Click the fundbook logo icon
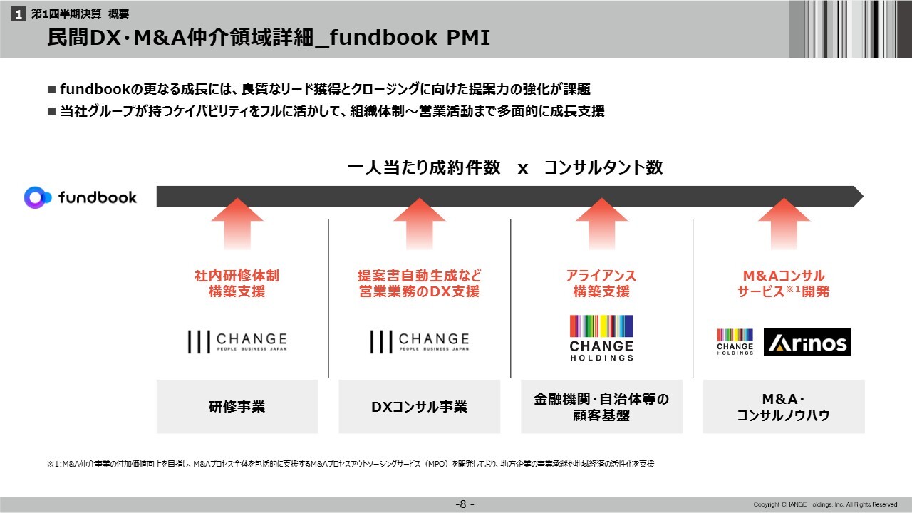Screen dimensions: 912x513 tap(38, 197)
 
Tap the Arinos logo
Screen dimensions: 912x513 tap(807, 342)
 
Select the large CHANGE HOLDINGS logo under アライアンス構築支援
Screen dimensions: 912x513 tap(601, 338)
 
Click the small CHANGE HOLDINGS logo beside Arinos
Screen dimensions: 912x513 tap(735, 342)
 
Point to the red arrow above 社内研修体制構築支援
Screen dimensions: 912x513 tap(237, 224)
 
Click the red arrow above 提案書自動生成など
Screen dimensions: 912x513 tap(420, 224)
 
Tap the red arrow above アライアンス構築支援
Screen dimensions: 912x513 tap(601, 224)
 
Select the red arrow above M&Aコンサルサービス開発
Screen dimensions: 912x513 tap(784, 224)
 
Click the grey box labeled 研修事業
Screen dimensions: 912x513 tap(237, 406)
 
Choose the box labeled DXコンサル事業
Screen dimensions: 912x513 tap(420, 406)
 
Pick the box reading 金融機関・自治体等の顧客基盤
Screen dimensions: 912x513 tap(601, 406)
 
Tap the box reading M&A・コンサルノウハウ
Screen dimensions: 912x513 tap(784, 406)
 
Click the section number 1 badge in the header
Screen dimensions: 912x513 tap(19, 14)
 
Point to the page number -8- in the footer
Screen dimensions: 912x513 tap(465, 504)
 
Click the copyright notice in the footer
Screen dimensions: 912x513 tap(826, 504)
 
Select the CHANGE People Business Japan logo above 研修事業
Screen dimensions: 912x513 tap(237, 341)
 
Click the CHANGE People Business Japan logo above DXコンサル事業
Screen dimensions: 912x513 tap(420, 341)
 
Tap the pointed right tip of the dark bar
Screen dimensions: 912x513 tap(863, 196)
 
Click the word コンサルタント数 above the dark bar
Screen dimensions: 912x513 tap(603, 167)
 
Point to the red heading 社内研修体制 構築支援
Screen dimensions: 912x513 tap(237, 284)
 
